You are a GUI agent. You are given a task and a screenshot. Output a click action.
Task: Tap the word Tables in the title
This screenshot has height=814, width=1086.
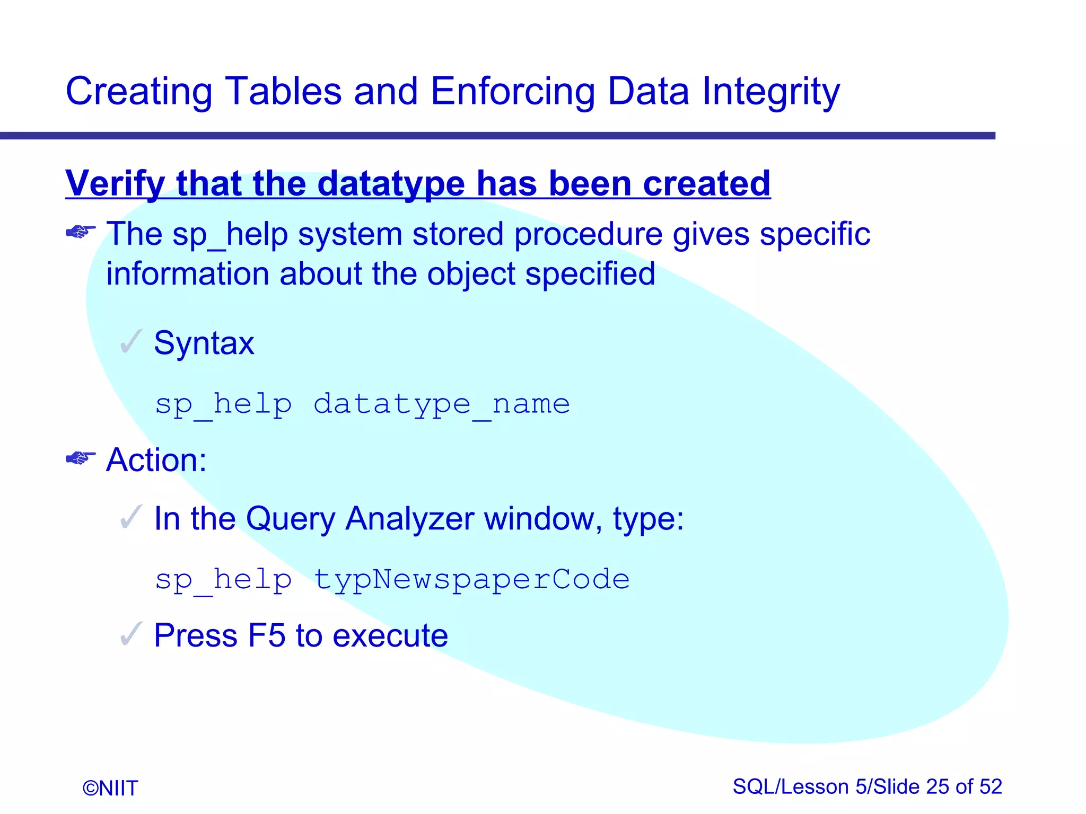click(283, 91)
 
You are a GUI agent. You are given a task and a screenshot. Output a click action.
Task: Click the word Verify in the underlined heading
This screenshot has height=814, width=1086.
click(115, 183)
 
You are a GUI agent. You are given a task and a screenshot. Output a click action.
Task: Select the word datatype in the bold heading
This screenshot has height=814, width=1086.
click(391, 183)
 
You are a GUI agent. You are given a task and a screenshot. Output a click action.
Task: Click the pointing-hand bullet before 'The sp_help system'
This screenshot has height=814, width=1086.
click(81, 232)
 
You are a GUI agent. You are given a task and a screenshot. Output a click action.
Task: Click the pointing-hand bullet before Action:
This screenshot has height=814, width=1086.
click(81, 458)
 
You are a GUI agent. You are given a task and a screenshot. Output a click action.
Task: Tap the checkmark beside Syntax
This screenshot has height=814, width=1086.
click(131, 341)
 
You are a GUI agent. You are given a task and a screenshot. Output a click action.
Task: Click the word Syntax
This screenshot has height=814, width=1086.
click(204, 343)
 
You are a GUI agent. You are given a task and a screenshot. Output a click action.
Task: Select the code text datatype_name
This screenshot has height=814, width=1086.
click(441, 404)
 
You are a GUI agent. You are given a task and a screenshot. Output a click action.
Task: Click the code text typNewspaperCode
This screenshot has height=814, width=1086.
click(471, 579)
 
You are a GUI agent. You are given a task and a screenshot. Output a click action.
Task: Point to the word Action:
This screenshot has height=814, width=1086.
click(156, 460)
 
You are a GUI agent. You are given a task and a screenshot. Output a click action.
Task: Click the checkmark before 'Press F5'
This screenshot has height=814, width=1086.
click(131, 634)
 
